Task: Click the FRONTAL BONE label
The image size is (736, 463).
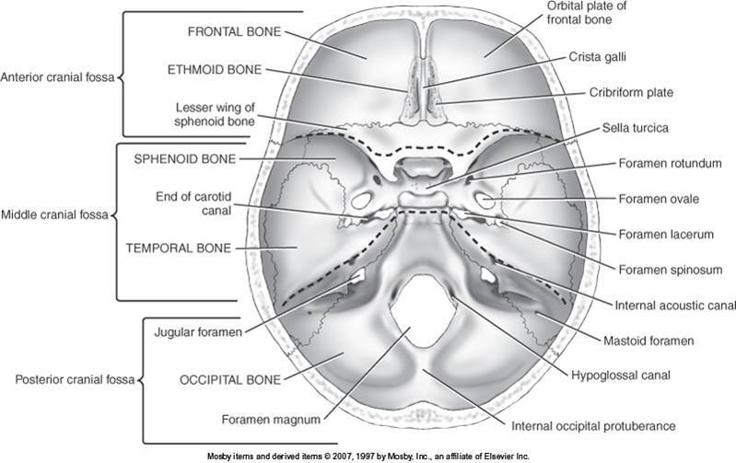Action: click(x=228, y=30)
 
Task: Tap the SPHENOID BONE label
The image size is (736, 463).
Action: click(x=186, y=157)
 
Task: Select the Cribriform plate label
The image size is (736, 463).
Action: click(x=629, y=92)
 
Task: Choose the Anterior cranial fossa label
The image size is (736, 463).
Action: click(x=57, y=77)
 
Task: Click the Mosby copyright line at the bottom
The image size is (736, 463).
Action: click(x=367, y=455)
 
